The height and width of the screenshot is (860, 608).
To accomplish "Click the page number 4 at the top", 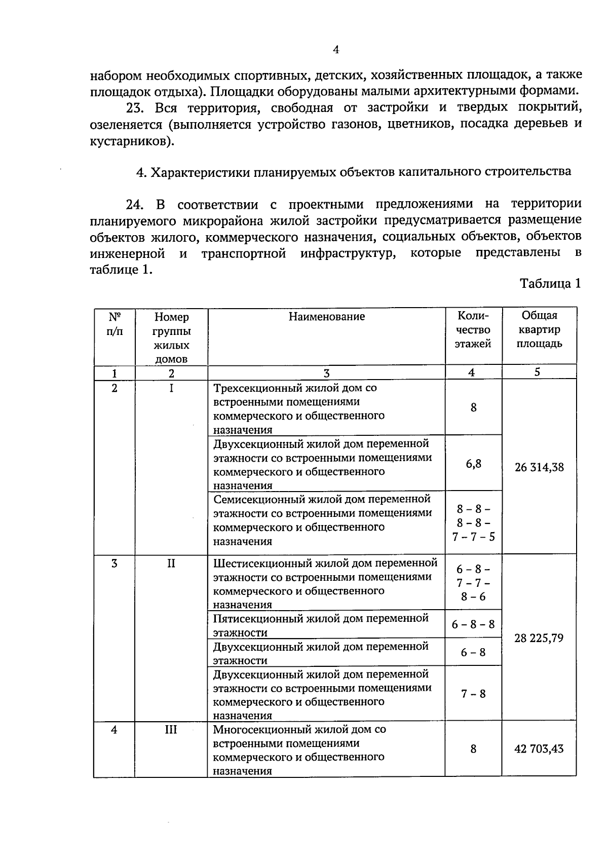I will [x=335, y=50].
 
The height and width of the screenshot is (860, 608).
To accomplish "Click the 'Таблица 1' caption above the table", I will [x=550, y=284].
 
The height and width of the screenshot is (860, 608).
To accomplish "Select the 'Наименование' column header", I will [x=327, y=317].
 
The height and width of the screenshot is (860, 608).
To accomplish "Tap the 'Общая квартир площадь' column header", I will [x=539, y=329].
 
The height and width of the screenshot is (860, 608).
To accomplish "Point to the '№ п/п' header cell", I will [x=115, y=324].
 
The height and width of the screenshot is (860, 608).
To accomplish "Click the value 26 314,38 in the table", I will [x=539, y=467].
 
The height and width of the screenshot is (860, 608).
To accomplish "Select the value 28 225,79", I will [x=539, y=638].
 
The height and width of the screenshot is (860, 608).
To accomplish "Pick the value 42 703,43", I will [x=539, y=749].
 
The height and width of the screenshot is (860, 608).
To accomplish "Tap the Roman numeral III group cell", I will [x=171, y=730].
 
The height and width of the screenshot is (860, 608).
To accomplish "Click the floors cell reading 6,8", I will [x=474, y=463].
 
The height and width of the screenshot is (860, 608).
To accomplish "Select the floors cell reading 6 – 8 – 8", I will [x=473, y=624].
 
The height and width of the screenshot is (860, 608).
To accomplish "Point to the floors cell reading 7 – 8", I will [x=473, y=694].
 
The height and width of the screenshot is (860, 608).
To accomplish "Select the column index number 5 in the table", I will [x=537, y=372].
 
